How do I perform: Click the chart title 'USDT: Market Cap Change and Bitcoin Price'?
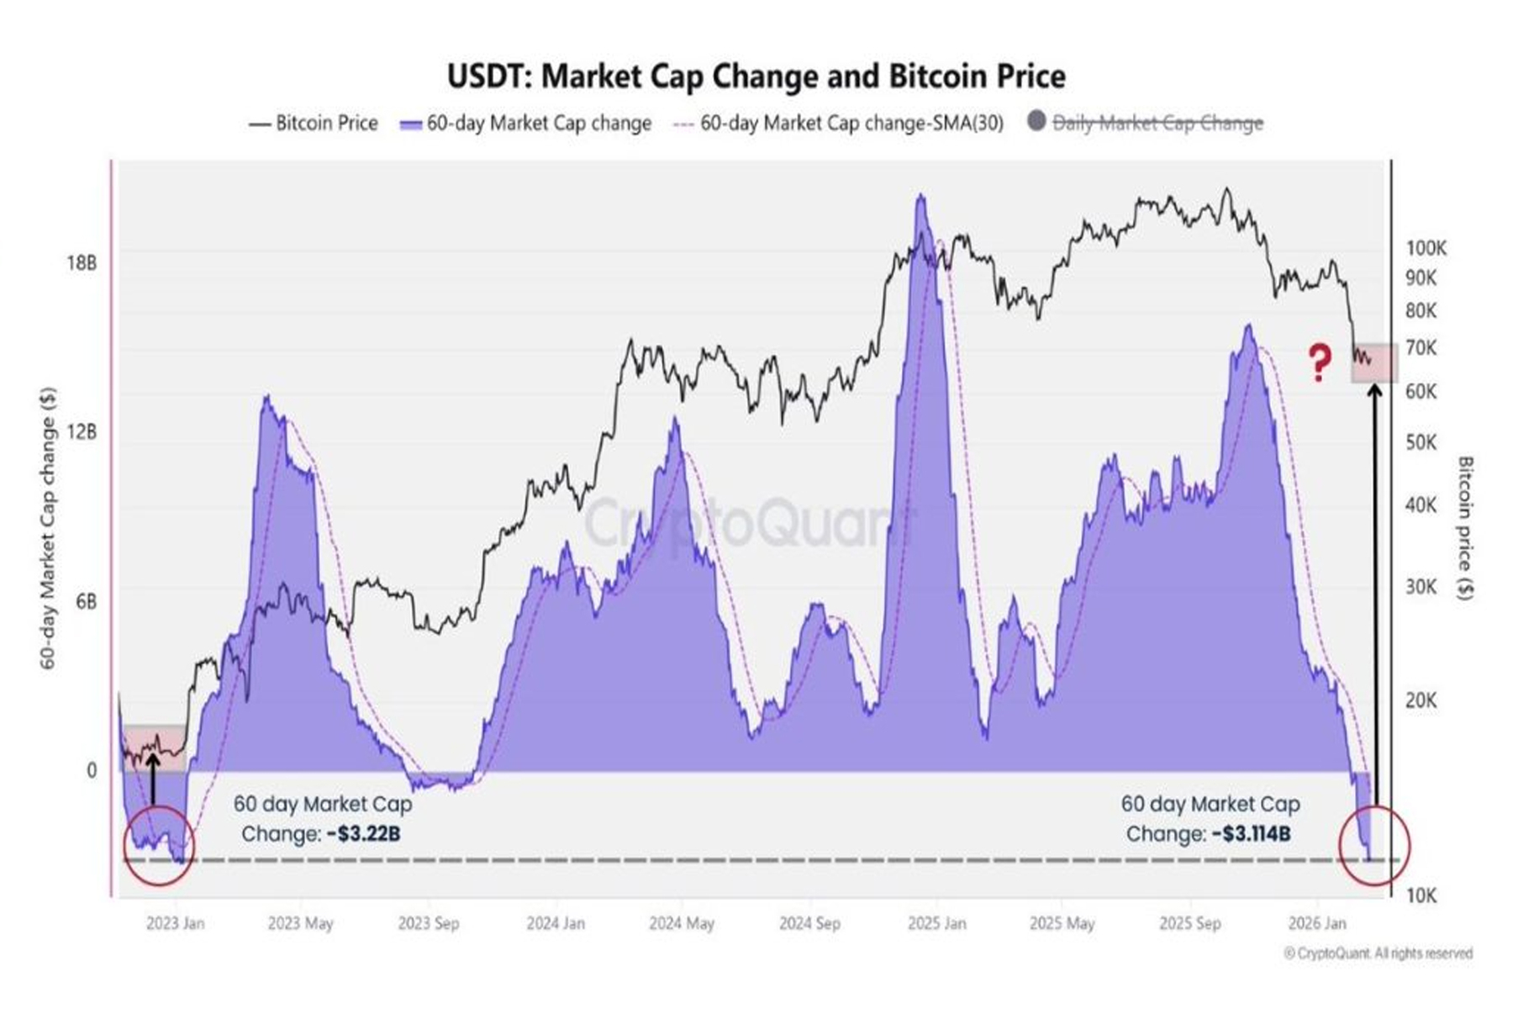tap(756, 77)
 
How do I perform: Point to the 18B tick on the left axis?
tap(82, 263)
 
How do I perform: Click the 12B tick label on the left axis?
tap(82, 432)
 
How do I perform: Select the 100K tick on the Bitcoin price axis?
tap(1426, 248)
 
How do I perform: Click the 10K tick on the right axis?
tap(1421, 896)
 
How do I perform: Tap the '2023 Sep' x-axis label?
tap(428, 923)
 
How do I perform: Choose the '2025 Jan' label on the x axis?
tap(936, 923)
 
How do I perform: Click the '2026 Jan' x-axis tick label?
tap(1316, 923)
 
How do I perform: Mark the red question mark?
tap(1320, 362)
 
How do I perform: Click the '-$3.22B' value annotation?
tap(363, 834)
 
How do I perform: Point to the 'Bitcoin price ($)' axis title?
tap(1465, 528)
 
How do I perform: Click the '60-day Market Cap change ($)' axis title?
tap(48, 528)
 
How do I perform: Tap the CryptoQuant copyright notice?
tap(1379, 954)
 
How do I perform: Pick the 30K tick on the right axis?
tap(1421, 587)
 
